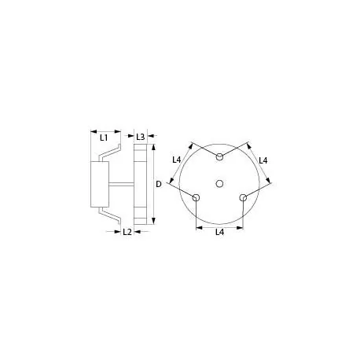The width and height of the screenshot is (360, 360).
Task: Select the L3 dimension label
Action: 141,137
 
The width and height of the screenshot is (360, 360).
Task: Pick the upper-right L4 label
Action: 263,160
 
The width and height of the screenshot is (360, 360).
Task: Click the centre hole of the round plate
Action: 219,183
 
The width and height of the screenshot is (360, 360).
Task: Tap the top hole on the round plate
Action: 219,158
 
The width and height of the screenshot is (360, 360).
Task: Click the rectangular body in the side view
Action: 101,184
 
